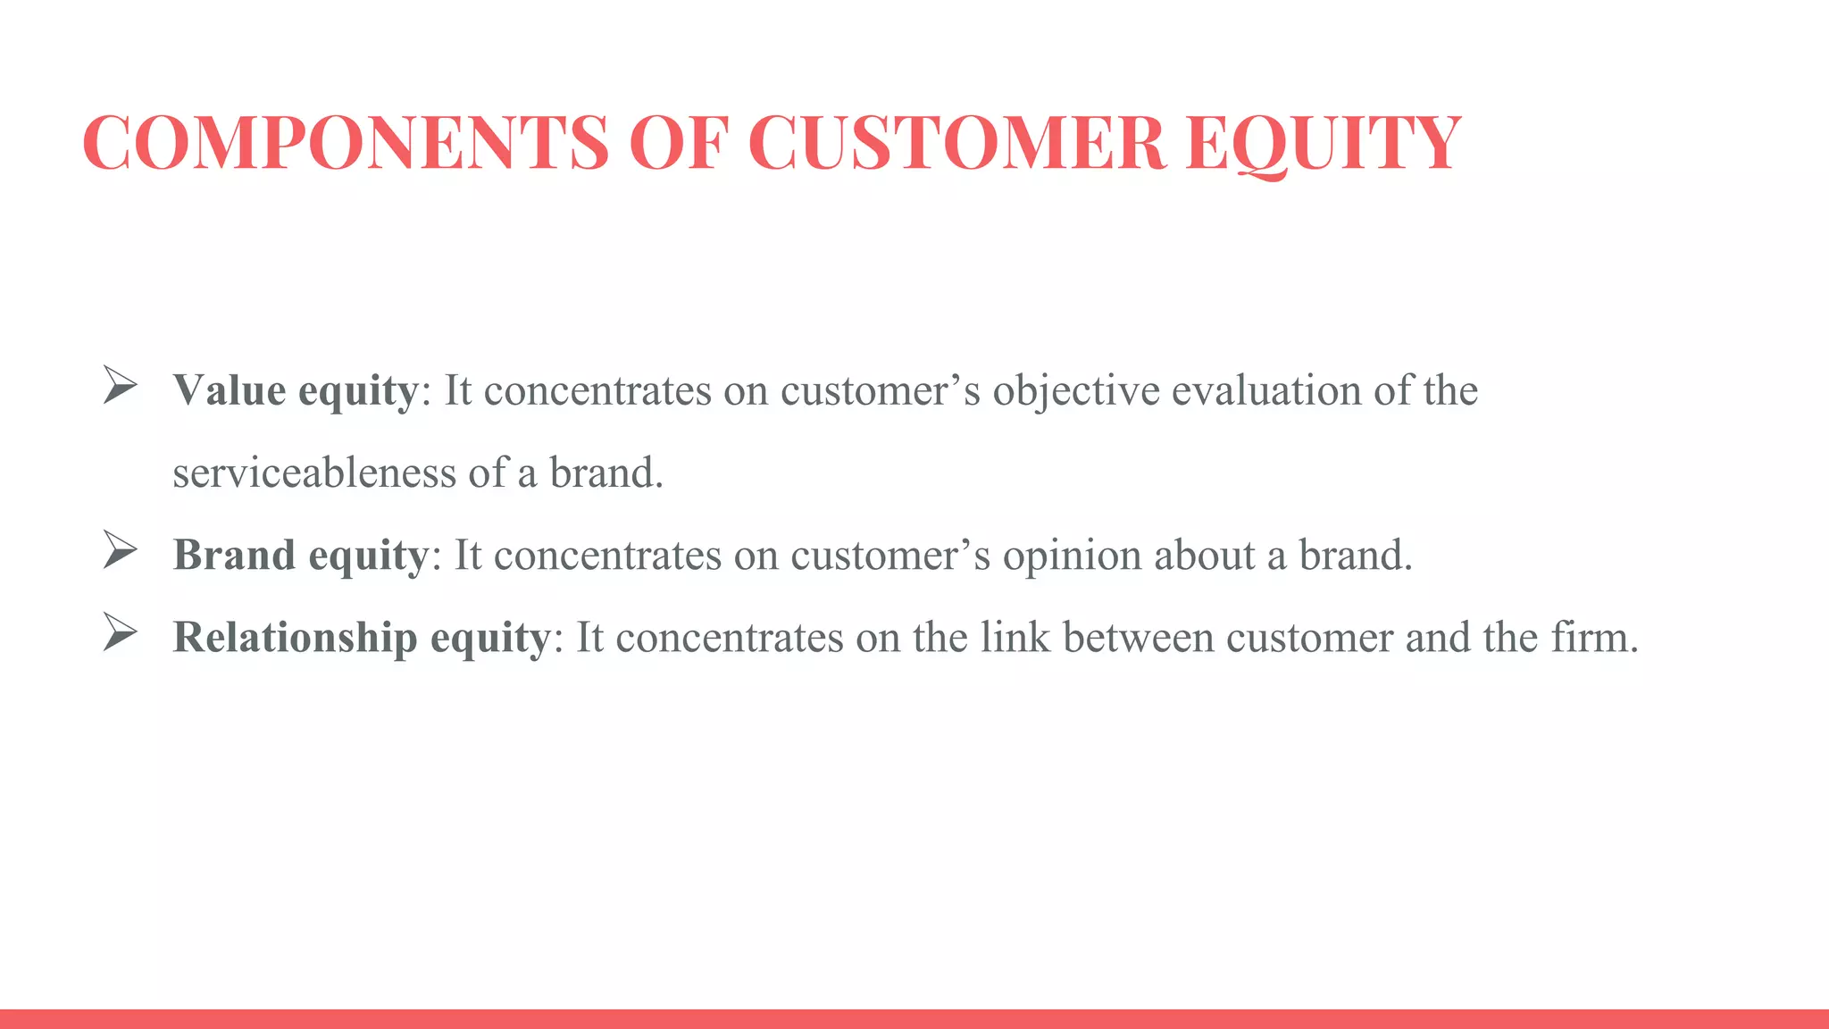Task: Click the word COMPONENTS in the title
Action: click(345, 142)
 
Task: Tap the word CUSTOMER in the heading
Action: click(956, 142)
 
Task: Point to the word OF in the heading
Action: click(679, 142)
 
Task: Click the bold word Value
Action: click(230, 390)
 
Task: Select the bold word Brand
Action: click(234, 555)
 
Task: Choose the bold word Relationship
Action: click(295, 638)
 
